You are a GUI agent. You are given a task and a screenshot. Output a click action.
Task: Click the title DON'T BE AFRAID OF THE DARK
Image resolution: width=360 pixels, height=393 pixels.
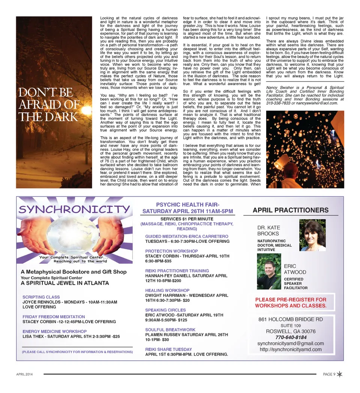tap(49, 104)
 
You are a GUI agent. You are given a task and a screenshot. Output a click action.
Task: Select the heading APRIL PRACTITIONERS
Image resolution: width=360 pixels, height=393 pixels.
tap(290, 210)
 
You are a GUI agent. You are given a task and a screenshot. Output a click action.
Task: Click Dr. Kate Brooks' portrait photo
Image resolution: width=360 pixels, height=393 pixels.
tap(312, 235)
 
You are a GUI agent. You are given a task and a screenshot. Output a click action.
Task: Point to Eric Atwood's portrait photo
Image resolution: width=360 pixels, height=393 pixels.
tap(269, 271)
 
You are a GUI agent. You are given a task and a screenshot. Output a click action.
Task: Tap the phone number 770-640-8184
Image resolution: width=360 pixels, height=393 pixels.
tap(290, 337)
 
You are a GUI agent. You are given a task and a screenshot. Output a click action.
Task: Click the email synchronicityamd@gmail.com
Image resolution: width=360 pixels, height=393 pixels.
tap(290, 343)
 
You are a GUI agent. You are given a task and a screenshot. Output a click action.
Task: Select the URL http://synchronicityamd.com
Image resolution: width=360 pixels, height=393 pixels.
tap(290, 349)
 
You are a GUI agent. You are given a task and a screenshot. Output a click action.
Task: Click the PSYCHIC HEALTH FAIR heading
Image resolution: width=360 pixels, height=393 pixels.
tap(187, 208)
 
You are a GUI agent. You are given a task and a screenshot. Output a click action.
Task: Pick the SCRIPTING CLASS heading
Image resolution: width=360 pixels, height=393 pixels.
tap(41, 297)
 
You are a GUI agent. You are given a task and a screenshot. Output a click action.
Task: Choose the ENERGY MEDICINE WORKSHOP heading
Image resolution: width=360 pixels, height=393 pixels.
tap(54, 331)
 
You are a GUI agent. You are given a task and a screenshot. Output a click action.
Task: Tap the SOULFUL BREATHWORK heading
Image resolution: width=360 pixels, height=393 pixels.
tap(171, 330)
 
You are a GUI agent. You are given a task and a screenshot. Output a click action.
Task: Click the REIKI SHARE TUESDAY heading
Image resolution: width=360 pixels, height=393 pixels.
tap(168, 349)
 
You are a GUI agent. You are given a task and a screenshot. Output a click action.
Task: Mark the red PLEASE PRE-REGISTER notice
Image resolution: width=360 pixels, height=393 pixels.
tap(291, 303)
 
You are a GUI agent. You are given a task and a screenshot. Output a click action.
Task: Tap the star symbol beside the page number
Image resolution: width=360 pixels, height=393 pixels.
tap(339, 374)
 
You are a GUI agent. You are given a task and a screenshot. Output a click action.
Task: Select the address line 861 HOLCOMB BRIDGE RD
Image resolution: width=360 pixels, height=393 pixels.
tap(290, 319)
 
